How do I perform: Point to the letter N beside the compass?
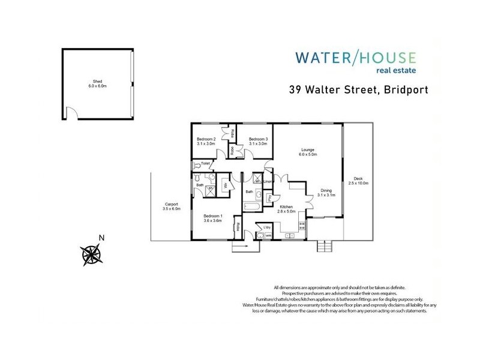tap(101, 238)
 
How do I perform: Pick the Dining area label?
tap(326, 192)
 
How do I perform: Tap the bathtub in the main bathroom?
tap(250, 207)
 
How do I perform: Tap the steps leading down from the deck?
tap(324, 245)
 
